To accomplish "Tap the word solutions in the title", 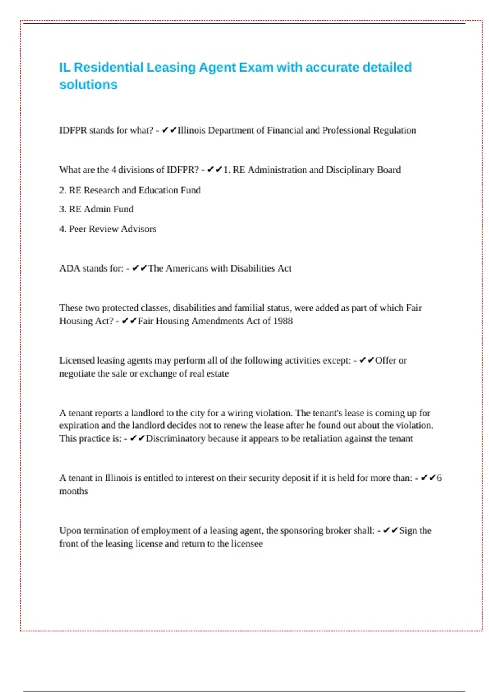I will coord(88,85).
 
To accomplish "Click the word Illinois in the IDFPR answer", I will coord(192,130).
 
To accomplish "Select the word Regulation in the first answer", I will coord(394,130).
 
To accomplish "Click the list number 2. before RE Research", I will coord(63,190).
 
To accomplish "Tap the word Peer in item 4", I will coord(77,229).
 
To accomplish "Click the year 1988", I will coord(283,321).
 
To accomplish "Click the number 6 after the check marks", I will coord(439,478).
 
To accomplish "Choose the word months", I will coord(74,491).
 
